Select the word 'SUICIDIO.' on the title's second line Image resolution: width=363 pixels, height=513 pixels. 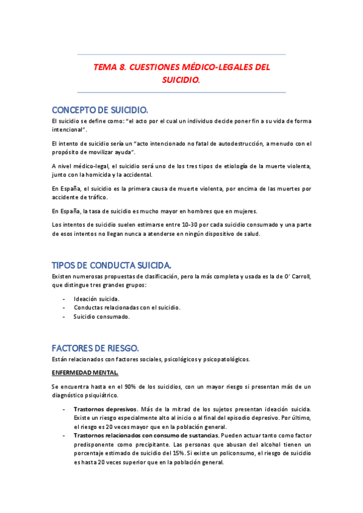pyautogui.click(x=181, y=79)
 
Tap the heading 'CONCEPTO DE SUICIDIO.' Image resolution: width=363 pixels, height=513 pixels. pyautogui.click(x=99, y=110)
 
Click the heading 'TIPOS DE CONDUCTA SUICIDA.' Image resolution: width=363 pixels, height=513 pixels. pyautogui.click(x=112, y=266)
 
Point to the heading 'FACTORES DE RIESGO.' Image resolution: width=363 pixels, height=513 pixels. pyautogui.click(x=95, y=348)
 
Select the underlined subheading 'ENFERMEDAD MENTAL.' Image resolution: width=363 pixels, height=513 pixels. pyautogui.click(x=85, y=373)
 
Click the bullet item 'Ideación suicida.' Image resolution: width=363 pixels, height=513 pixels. pyautogui.click(x=96, y=299)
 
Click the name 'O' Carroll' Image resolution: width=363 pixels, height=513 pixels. pyautogui.click(x=294, y=276)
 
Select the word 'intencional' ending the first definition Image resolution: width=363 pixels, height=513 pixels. pyautogui.click(x=68, y=129)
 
